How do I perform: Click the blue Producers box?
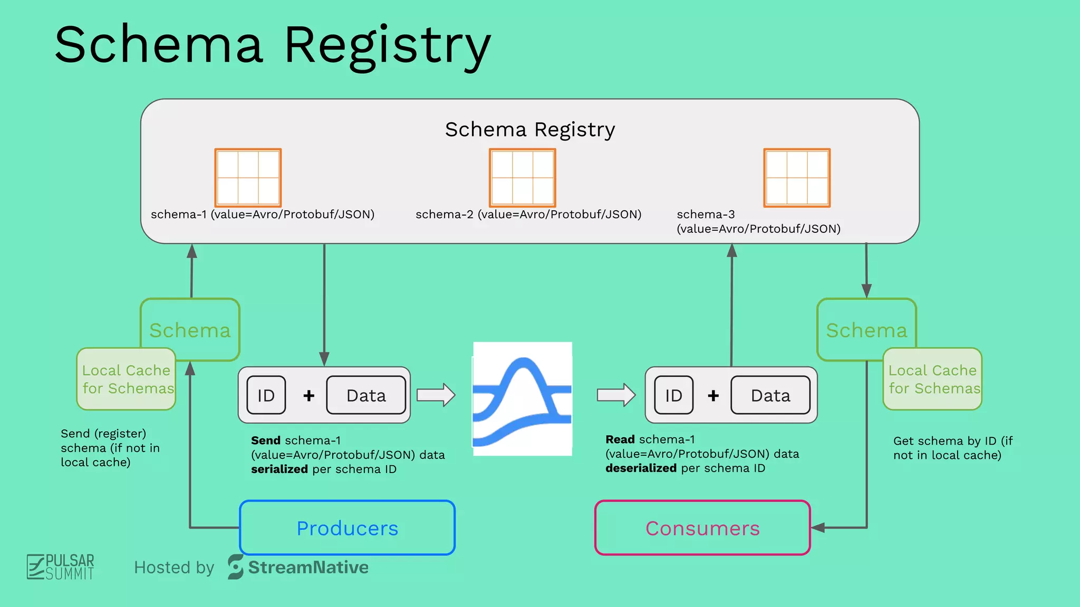347,527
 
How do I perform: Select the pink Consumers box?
702,527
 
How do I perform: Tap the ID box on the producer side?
266,395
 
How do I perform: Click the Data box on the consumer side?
770,395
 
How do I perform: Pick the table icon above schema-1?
248,178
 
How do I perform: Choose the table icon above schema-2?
523,178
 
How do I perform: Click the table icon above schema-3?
797,178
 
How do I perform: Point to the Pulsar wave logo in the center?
522,399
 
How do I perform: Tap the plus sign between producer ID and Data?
309,395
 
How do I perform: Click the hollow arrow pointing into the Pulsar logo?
436,395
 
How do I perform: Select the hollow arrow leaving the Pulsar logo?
616,395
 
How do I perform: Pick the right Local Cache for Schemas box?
932,379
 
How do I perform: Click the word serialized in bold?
279,469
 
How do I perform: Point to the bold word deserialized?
641,468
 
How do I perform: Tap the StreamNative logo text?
308,567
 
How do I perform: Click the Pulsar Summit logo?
61,567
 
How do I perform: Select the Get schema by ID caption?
952,448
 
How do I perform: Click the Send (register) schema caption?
110,448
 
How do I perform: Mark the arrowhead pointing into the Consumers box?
817,527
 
